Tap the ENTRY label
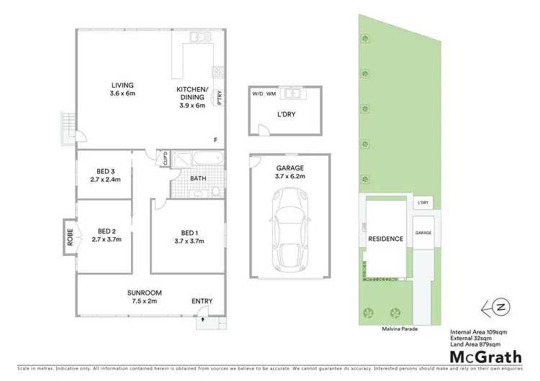pos(202,302)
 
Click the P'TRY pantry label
pos(220,96)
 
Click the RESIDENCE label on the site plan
pos(385,239)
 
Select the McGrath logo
pos(487,356)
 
